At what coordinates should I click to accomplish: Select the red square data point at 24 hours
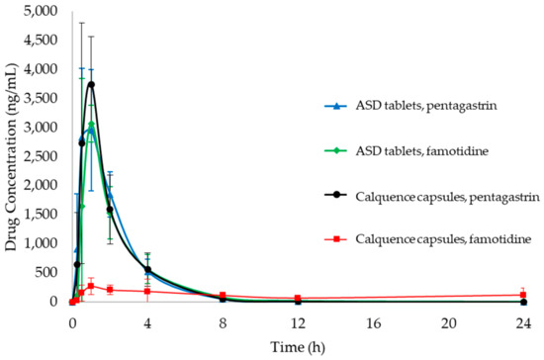[524, 295]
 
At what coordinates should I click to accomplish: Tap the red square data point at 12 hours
[298, 299]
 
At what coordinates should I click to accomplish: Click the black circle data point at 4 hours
[147, 270]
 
